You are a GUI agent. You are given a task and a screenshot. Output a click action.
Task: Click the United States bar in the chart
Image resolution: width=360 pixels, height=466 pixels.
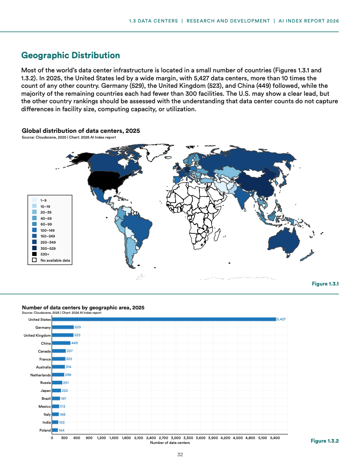pos(163,319)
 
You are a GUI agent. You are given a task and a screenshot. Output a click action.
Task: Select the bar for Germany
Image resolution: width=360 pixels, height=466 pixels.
pos(63,327)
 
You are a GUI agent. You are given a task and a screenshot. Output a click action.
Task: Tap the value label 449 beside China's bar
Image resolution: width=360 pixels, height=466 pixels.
pos(75,343)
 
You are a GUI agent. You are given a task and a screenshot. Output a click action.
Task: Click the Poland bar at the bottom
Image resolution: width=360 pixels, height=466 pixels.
pos(55,430)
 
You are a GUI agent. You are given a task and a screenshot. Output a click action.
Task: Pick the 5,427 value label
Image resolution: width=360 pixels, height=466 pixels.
pos(281,319)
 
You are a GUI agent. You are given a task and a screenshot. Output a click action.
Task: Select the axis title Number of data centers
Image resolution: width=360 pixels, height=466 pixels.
pos(170,443)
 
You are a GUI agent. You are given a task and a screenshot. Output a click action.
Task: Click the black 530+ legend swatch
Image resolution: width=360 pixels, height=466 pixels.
pos(34,254)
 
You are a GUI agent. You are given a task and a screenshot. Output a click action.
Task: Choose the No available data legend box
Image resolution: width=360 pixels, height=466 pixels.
pos(34,260)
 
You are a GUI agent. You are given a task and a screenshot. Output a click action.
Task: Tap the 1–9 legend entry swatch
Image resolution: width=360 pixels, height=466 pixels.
pos(34,200)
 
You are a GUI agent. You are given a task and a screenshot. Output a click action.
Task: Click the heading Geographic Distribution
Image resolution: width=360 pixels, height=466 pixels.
pos(71,56)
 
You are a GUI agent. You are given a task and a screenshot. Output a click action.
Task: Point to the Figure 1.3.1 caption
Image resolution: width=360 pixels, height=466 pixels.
pos(325,284)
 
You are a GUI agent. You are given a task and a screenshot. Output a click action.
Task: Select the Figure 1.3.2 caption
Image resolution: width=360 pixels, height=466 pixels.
pos(324,441)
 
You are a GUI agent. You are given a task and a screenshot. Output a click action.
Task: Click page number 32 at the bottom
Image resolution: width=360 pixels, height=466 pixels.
pos(180,455)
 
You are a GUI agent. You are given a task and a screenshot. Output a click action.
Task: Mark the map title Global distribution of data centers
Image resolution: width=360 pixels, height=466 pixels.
pos(81,131)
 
